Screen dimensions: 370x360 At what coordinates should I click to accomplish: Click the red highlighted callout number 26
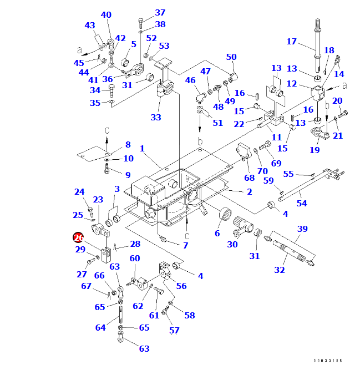click(x=78, y=237)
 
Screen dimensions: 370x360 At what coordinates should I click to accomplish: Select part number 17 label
click(x=292, y=42)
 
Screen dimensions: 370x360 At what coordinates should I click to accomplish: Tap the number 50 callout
click(x=231, y=57)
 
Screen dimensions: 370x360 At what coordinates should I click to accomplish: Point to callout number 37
click(x=160, y=13)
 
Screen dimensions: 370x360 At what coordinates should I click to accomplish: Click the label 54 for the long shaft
click(x=302, y=204)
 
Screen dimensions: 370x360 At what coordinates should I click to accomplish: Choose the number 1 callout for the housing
click(x=142, y=149)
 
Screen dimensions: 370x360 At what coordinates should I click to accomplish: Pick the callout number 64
click(x=100, y=328)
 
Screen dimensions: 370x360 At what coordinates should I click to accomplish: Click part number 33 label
click(x=156, y=117)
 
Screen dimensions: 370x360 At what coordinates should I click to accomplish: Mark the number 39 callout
click(x=302, y=229)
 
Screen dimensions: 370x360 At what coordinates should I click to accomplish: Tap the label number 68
click(x=250, y=178)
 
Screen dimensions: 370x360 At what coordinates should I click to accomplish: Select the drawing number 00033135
click(x=327, y=361)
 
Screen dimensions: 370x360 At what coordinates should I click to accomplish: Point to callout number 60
click(x=135, y=259)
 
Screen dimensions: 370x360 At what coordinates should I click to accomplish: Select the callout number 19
click(x=315, y=150)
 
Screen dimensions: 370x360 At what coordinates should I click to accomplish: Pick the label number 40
click(x=105, y=15)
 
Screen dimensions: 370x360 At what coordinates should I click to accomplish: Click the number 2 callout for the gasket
click(x=250, y=192)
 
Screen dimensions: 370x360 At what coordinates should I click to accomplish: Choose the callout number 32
click(x=280, y=270)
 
